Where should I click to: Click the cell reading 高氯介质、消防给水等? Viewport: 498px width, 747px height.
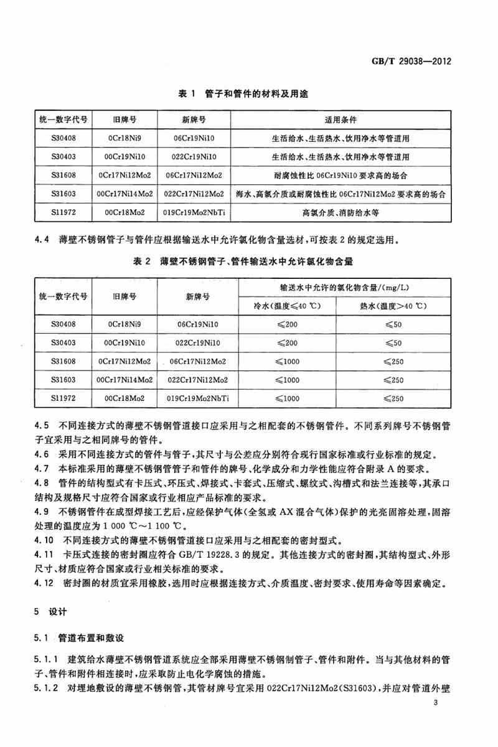340,212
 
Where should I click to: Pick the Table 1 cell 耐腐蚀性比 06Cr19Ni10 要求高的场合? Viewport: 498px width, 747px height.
340,175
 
